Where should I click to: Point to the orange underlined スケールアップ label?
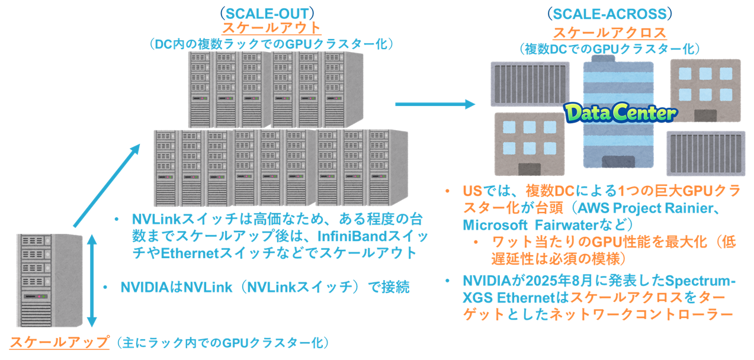tap(60, 342)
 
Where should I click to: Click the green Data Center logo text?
tap(620, 113)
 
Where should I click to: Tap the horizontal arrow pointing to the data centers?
tap(435, 104)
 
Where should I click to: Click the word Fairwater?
tap(568, 225)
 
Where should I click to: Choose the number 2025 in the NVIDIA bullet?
tap(556, 280)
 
